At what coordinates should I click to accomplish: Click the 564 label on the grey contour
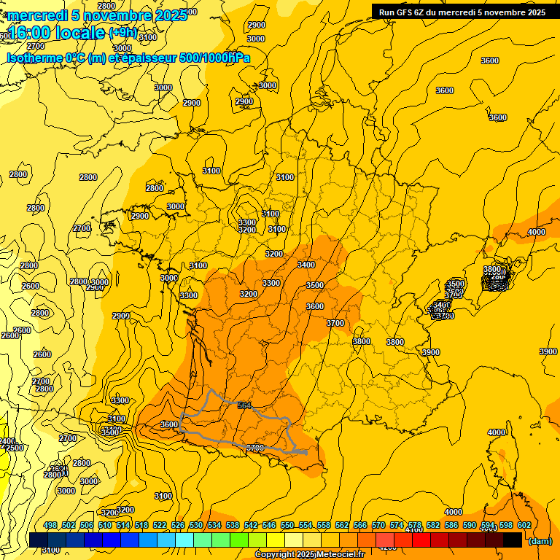[x=244, y=405]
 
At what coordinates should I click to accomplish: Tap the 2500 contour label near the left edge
[x=15, y=448]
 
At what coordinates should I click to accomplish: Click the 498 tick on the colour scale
[x=50, y=525]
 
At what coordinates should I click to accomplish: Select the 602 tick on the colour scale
[x=524, y=525]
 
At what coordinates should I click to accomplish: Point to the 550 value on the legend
[x=287, y=525]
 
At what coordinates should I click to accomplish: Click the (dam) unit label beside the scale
[x=540, y=541]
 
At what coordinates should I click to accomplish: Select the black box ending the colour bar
[x=513, y=540]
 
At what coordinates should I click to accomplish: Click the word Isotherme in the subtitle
[x=34, y=58]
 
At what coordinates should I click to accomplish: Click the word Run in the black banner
[x=386, y=12]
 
